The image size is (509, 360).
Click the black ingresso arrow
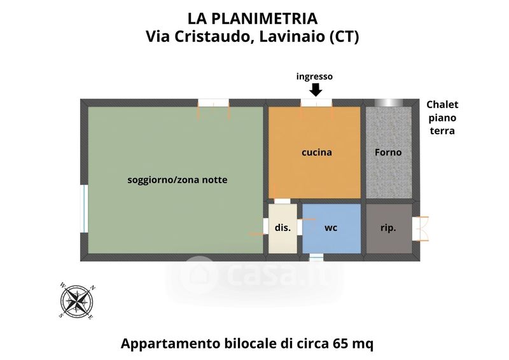point(316,90)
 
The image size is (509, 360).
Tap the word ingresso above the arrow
point(314,76)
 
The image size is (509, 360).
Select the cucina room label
point(317,152)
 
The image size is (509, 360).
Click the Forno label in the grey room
point(388,152)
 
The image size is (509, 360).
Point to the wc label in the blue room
point(331,228)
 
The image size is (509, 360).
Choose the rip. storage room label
point(388,228)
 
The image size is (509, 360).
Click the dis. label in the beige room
point(282,228)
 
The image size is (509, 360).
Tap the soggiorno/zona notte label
point(178,180)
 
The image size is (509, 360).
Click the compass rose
point(78,301)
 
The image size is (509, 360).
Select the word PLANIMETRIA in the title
point(265,18)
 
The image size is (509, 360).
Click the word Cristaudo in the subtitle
point(211,36)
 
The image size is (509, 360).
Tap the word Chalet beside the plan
point(442,104)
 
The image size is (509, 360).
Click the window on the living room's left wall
point(85,209)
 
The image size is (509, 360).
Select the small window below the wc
point(316,258)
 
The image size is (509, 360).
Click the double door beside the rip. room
point(421,228)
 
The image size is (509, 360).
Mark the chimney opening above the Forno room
point(389,102)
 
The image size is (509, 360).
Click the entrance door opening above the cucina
point(316,103)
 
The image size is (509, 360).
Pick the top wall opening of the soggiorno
point(214,103)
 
